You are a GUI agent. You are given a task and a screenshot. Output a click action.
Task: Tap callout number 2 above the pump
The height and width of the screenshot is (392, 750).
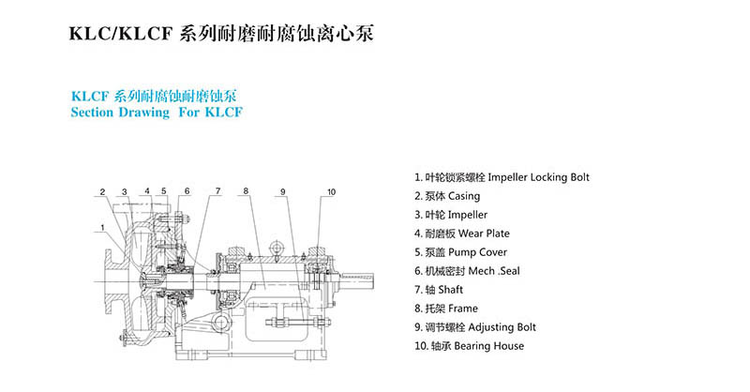(x=103, y=192)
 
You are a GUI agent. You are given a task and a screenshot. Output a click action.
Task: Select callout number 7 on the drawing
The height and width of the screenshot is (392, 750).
(x=217, y=192)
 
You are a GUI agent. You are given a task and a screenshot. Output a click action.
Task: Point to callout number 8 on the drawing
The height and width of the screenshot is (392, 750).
(x=245, y=192)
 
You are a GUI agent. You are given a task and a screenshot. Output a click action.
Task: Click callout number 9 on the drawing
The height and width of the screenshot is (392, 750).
(x=281, y=192)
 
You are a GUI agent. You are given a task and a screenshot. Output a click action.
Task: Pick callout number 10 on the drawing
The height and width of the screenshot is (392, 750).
(x=331, y=192)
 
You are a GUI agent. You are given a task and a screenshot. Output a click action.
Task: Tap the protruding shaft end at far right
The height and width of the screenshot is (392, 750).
(x=370, y=280)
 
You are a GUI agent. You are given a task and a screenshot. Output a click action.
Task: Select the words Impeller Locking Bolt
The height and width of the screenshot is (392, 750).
(x=542, y=177)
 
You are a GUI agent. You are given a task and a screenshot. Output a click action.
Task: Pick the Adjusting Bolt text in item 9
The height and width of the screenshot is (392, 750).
(x=503, y=327)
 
